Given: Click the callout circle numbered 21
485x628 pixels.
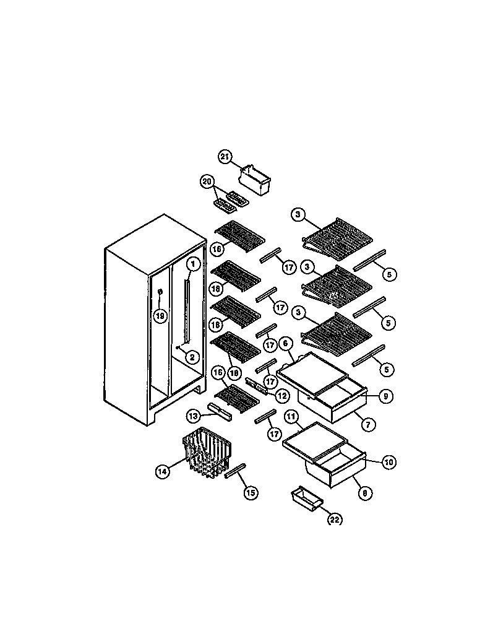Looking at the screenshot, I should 225,157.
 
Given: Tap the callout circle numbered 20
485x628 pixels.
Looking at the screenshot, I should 207,181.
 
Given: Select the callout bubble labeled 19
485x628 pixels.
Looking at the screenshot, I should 160,316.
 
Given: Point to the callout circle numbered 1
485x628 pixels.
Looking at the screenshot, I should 193,264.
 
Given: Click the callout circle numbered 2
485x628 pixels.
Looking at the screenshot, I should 191,357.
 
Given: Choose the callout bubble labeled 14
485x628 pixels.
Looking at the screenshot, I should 162,471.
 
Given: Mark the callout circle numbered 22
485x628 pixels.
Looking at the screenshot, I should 334,520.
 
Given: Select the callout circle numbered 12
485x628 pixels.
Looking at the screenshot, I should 281,395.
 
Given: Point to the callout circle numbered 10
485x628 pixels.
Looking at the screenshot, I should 389,462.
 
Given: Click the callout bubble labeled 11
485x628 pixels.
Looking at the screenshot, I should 291,417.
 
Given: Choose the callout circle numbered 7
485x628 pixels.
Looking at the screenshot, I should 369,425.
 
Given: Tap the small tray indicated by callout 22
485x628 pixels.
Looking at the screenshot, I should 306,498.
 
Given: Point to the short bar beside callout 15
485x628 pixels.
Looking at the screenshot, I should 234,473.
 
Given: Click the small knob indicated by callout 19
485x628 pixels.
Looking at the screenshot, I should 160,292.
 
